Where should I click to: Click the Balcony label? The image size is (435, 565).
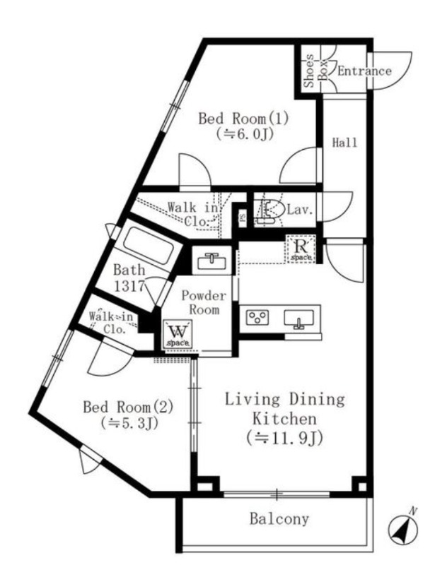[279, 519]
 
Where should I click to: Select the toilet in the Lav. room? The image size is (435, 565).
[267, 210]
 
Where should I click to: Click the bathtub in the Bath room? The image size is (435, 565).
[148, 246]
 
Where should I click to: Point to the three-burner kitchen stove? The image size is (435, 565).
[257, 317]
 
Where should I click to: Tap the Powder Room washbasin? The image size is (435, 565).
[212, 260]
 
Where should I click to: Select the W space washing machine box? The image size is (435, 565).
[177, 333]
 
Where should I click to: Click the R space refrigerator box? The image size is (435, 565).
[301, 249]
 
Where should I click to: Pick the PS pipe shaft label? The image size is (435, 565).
[243, 218]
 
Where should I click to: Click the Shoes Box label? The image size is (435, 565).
[315, 71]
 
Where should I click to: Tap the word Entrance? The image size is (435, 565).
[364, 71]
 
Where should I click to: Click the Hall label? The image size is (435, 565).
[344, 143]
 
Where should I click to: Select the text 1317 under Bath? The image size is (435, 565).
[129, 286]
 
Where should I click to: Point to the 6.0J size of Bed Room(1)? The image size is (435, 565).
[244, 134]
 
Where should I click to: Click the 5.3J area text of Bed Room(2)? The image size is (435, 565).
[129, 422]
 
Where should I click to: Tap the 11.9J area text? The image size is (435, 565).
[284, 438]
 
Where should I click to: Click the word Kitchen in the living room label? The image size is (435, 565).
[284, 419]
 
